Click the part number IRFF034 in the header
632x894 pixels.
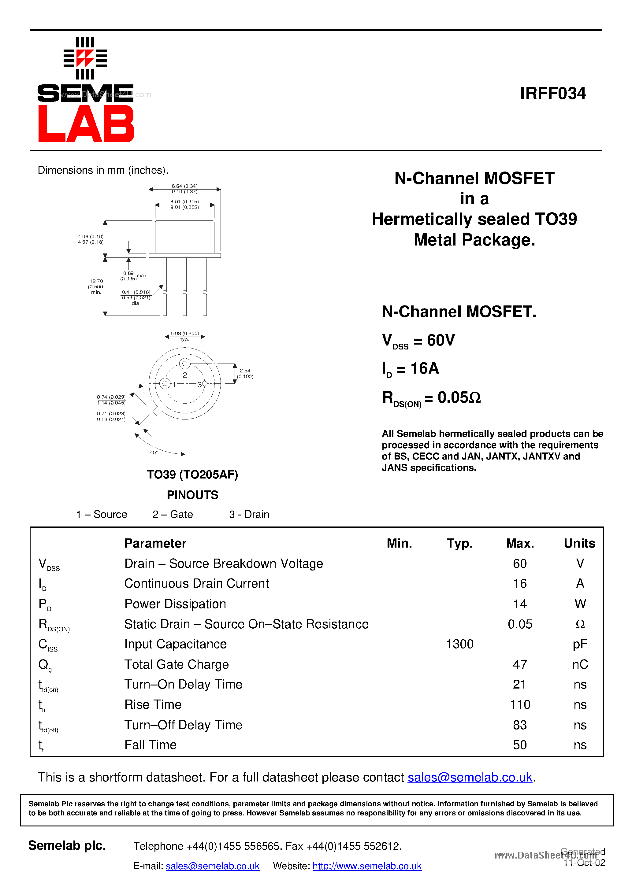(x=552, y=94)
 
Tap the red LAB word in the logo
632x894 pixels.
(x=86, y=124)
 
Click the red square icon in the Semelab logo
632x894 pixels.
(x=85, y=58)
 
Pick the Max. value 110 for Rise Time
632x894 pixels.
(x=520, y=704)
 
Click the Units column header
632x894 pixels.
(x=579, y=543)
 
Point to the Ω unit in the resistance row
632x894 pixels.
(x=580, y=624)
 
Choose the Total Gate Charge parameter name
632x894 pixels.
(x=177, y=664)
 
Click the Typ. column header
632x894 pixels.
(x=459, y=543)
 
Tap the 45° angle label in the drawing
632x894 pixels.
(x=154, y=452)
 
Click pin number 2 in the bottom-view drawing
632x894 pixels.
(x=185, y=375)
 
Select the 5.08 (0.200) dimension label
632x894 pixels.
(x=185, y=334)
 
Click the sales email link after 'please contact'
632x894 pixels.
(x=470, y=777)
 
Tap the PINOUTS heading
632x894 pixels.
(x=192, y=495)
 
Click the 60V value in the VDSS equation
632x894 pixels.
(x=441, y=340)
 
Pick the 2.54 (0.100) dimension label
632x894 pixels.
(x=245, y=373)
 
